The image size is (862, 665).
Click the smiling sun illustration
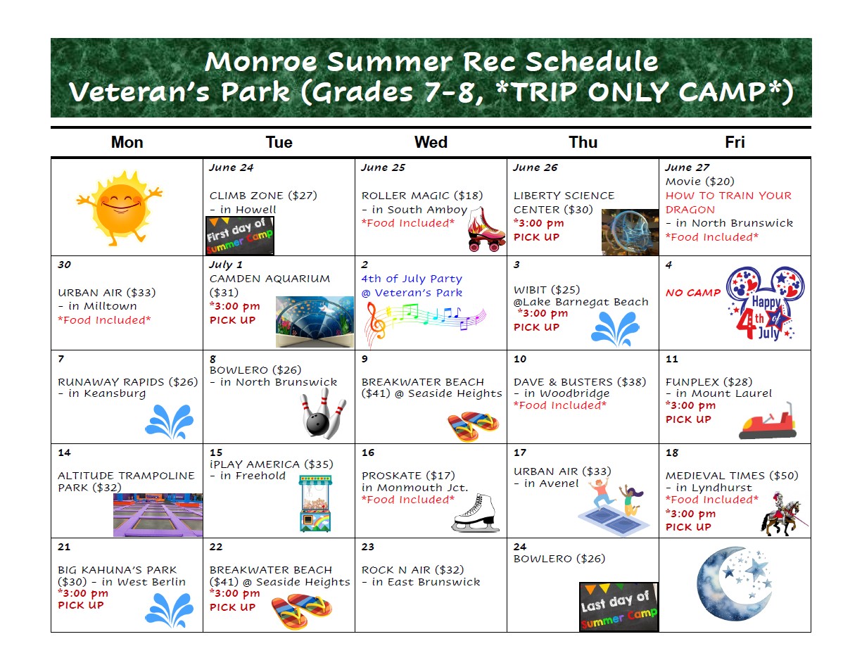(x=119, y=208)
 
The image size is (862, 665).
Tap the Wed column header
(x=431, y=142)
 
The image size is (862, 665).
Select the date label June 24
(x=232, y=167)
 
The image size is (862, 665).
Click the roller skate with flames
(x=486, y=229)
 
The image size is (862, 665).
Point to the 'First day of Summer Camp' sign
(x=239, y=236)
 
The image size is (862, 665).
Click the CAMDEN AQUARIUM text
(x=270, y=279)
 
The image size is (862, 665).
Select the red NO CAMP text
(x=693, y=293)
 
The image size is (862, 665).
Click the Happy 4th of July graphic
(x=765, y=303)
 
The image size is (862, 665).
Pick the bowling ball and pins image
(x=323, y=414)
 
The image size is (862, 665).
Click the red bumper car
(x=768, y=422)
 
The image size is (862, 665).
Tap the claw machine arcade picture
(x=315, y=503)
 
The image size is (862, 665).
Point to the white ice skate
(x=475, y=513)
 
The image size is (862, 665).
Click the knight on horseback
(x=783, y=514)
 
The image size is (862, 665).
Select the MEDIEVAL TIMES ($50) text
(x=732, y=476)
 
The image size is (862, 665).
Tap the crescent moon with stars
(x=735, y=583)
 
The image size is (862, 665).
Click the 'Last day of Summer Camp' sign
(x=619, y=607)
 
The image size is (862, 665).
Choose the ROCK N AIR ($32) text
(x=412, y=570)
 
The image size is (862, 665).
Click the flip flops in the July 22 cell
(x=301, y=611)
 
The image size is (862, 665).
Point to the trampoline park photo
(x=158, y=514)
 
